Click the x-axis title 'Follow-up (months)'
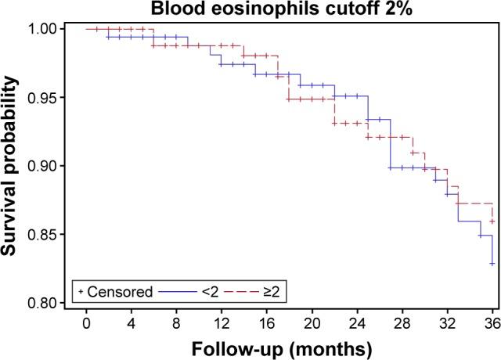coord(289,346)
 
